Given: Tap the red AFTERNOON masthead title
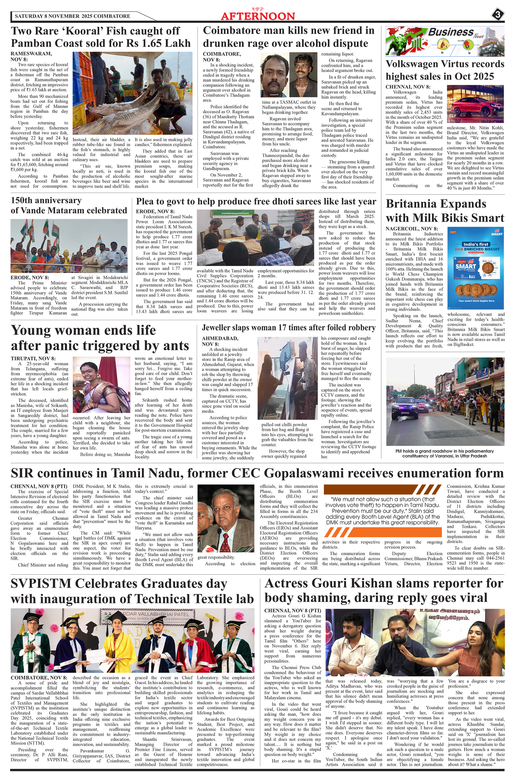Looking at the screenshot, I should (x=258, y=16).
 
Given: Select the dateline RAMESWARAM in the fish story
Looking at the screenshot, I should (x=31, y=54).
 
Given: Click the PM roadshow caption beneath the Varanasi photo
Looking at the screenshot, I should (x=445, y=453).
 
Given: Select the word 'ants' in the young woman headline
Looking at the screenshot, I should (x=173, y=346).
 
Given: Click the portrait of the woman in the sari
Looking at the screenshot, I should (x=101, y=385).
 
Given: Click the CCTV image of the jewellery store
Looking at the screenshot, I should (x=288, y=378).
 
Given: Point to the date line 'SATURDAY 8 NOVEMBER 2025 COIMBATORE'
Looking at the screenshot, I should (x=73, y=16).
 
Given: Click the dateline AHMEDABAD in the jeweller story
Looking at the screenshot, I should (x=220, y=338).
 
